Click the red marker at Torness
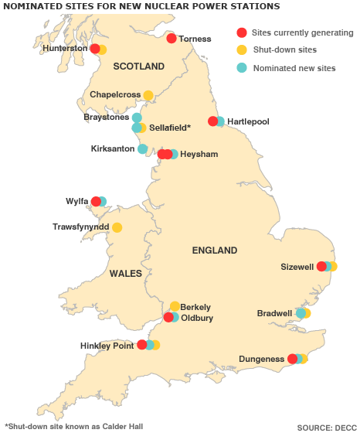[172, 38]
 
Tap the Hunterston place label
[65, 48]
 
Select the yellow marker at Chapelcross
[148, 95]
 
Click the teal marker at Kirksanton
[142, 148]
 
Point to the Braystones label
[107, 118]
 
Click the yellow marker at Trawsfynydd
[117, 227]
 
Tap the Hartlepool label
[248, 121]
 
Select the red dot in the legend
[242, 32]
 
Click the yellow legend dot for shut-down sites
[242, 50]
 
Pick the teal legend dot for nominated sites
[242, 67]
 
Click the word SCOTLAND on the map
[139, 66]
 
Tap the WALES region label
[125, 273]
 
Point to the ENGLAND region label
[214, 251]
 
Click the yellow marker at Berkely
[175, 306]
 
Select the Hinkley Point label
[107, 346]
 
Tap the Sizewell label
[297, 267]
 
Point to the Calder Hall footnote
[73, 425]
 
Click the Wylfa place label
[76, 202]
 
